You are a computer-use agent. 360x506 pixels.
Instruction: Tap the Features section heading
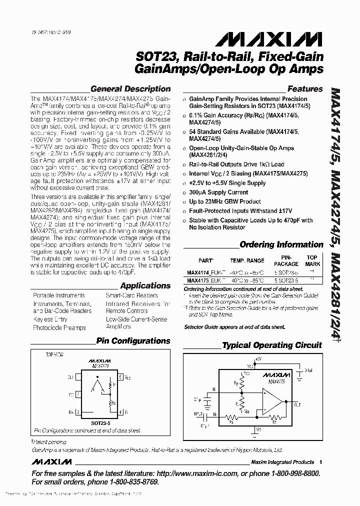click(305, 89)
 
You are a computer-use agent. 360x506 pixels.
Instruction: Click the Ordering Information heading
click(281, 244)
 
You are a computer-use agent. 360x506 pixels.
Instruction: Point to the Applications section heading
click(145, 285)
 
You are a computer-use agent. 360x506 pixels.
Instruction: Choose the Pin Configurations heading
click(133, 341)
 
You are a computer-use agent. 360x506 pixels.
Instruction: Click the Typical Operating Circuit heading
click(272, 345)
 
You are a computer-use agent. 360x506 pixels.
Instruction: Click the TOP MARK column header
click(312, 260)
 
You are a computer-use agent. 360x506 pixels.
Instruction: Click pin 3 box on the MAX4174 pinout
click(78, 412)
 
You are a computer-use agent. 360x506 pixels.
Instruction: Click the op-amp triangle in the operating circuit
click(273, 399)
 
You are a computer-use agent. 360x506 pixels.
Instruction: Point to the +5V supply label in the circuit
click(258, 358)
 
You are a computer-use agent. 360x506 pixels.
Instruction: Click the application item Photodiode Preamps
click(59, 327)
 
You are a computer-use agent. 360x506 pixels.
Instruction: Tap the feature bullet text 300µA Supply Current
click(218, 192)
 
